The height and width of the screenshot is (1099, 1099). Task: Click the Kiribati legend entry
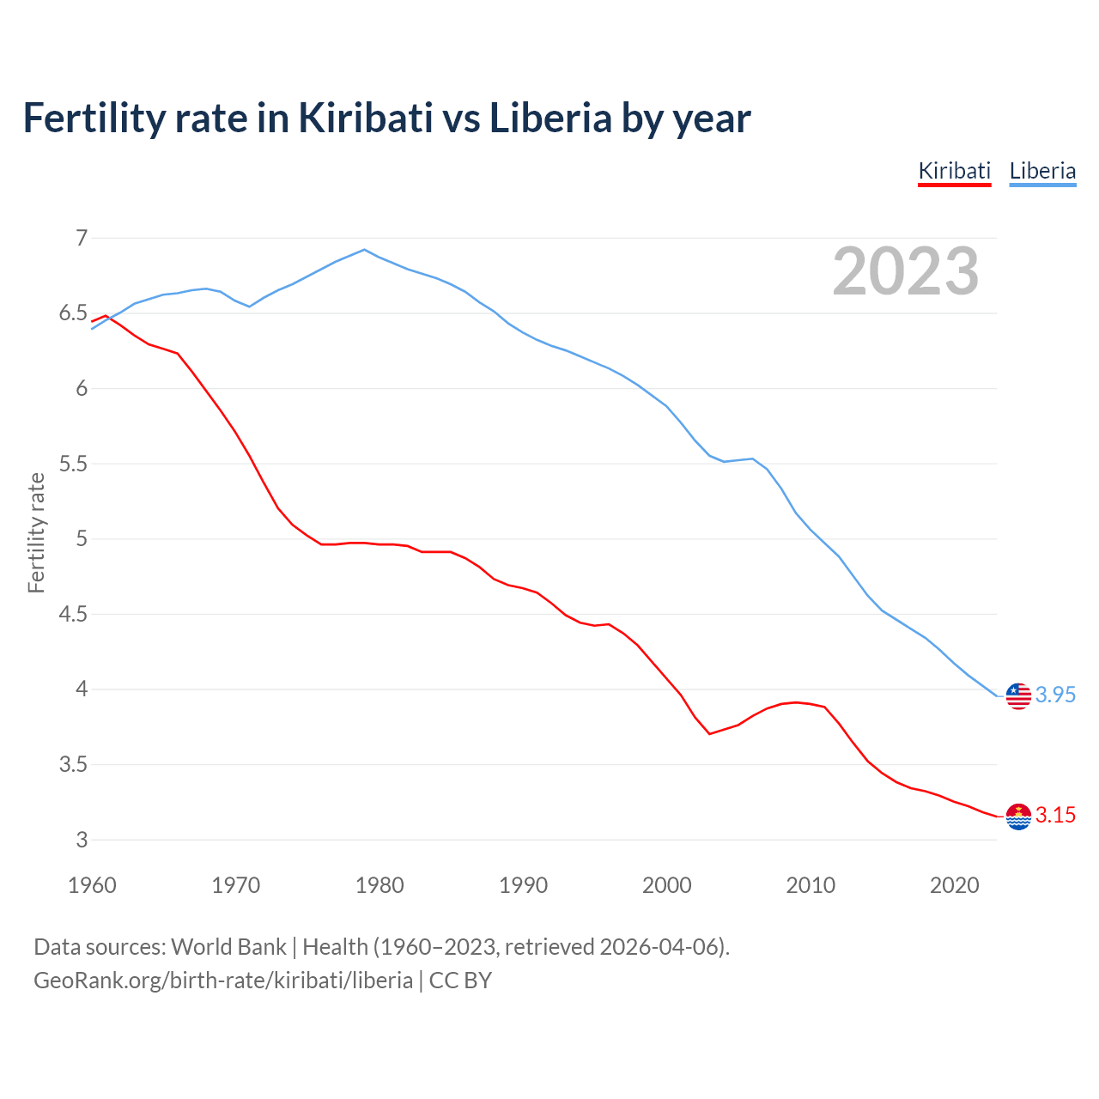(x=954, y=171)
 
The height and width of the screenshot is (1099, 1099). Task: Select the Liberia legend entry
(x=1042, y=171)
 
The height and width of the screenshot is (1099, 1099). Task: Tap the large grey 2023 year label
(x=905, y=271)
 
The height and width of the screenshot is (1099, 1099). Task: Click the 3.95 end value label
(x=1055, y=695)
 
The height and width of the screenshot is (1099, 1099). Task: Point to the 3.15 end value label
(x=1055, y=815)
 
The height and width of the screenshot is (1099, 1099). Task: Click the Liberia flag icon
(x=1018, y=695)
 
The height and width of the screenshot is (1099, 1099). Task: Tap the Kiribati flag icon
(x=1018, y=817)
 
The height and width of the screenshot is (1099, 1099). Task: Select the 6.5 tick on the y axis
(x=74, y=313)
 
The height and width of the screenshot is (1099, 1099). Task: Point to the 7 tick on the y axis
(x=82, y=238)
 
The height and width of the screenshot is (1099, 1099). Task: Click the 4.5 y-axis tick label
(x=74, y=614)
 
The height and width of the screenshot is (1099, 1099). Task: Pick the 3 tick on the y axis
(x=82, y=840)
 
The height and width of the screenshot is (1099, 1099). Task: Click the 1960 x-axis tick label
(x=92, y=885)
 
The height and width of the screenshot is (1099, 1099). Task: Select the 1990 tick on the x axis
(x=523, y=885)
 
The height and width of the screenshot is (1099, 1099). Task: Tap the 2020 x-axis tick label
(x=954, y=885)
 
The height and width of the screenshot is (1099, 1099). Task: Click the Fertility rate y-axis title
(x=36, y=532)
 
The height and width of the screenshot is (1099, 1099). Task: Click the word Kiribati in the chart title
(x=366, y=118)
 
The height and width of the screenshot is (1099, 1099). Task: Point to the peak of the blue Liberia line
(x=365, y=250)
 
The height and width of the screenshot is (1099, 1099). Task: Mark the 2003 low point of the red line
(x=709, y=733)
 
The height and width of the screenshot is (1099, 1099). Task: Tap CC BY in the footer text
(x=460, y=981)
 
